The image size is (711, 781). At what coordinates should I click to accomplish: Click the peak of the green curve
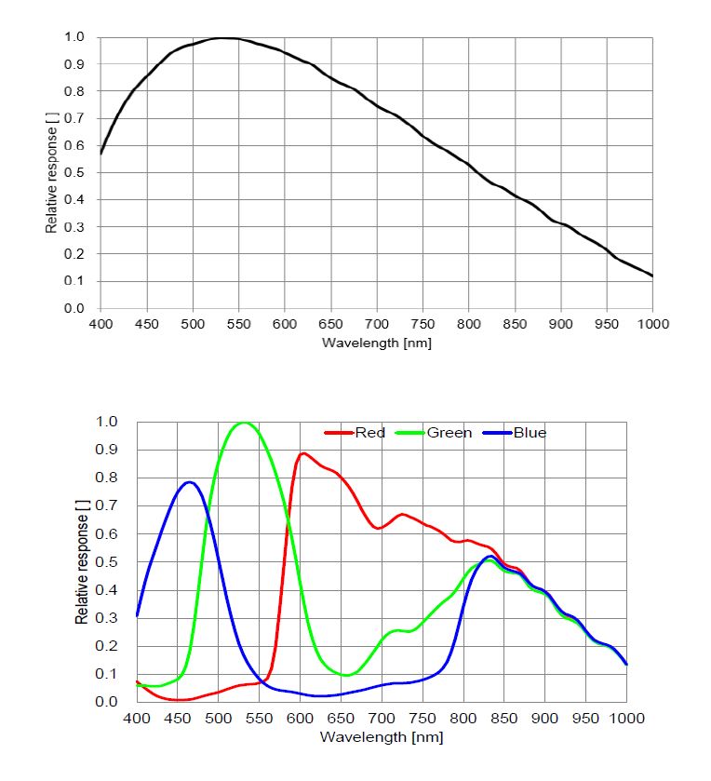coord(244,423)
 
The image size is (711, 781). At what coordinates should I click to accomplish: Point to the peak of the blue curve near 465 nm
coord(190,482)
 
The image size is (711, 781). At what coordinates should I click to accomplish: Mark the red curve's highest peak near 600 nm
coord(303,453)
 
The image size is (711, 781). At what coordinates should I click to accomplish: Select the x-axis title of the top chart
coord(376,343)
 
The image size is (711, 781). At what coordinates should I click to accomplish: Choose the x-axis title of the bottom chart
coord(382,737)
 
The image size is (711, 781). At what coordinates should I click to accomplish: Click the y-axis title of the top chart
coord(52,173)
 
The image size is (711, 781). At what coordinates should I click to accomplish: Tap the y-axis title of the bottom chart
coord(82,561)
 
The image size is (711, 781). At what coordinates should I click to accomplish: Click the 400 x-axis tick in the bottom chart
coord(137,719)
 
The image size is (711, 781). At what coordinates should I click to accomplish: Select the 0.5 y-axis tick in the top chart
coord(74,173)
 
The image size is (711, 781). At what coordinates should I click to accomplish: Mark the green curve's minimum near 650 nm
coord(344,675)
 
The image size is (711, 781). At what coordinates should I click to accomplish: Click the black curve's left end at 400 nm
coord(101,153)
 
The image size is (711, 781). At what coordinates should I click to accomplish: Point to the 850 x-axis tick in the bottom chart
coord(503,719)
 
